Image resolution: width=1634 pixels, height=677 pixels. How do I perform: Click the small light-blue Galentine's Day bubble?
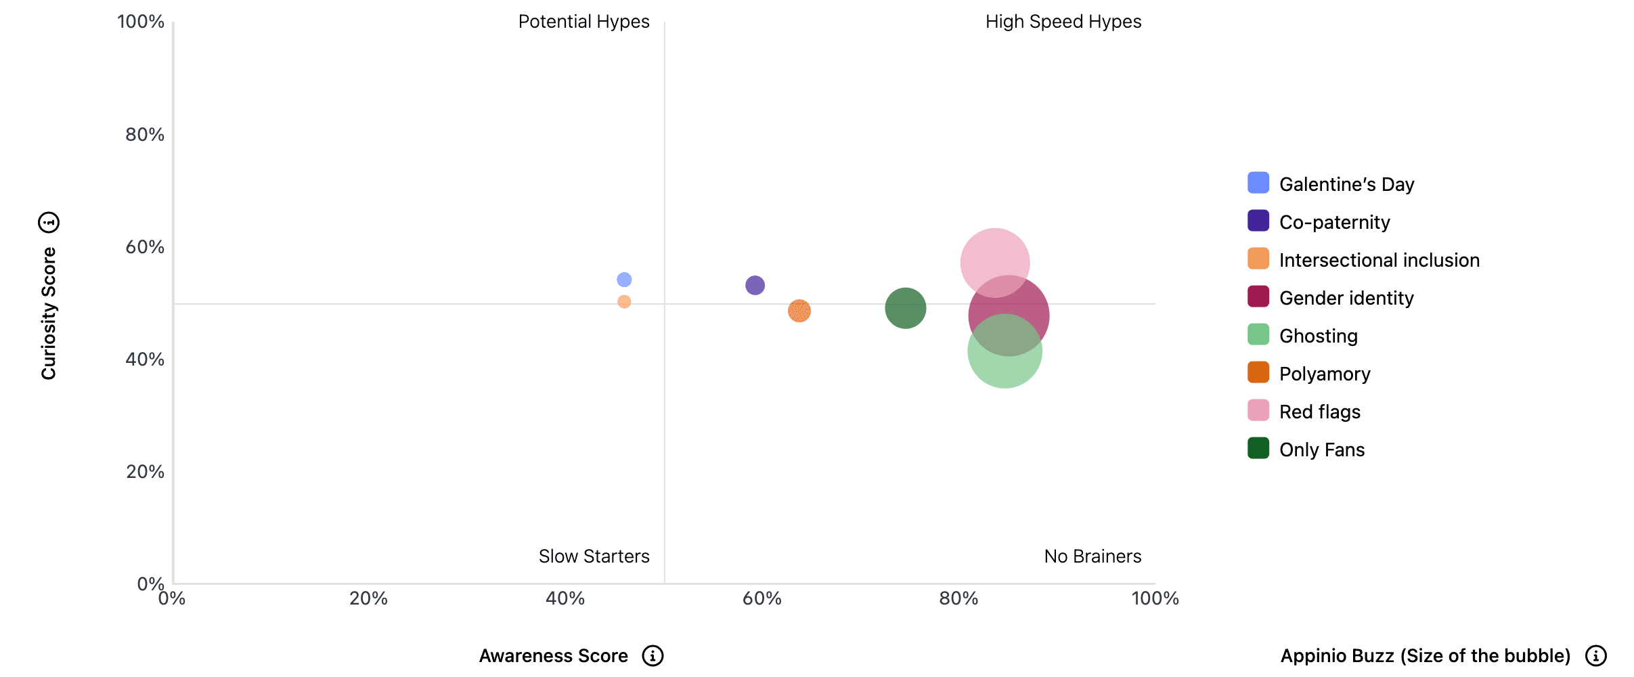pos(624,280)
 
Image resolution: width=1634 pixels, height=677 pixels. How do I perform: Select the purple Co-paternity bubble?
pos(755,285)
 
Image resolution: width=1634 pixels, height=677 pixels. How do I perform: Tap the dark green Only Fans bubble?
pos(905,308)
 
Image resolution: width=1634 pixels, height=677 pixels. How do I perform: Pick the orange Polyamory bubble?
pos(799,311)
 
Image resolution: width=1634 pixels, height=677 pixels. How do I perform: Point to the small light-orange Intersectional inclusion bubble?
pos(624,302)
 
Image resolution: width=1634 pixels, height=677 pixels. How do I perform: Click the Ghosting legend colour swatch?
pos(1258,335)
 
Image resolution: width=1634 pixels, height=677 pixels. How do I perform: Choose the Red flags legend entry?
pos(1319,412)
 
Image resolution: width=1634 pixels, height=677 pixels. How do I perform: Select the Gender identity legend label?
pos(1346,298)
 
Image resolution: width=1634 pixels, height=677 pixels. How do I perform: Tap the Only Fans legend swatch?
pos(1258,449)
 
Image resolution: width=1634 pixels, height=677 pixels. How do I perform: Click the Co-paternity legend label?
pos(1334,222)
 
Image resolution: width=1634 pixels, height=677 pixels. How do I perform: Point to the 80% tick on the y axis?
pos(145,135)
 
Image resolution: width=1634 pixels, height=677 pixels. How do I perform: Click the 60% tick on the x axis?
pos(762,598)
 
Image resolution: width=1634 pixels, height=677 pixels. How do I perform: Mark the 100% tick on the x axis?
pos(1155,598)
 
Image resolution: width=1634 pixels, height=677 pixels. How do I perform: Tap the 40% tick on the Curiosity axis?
pos(145,359)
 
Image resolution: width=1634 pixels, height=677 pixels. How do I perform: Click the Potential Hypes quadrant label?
pos(583,22)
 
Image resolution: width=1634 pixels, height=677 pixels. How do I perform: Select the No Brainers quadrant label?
pos(1092,556)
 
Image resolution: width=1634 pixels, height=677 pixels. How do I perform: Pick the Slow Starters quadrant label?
pos(594,556)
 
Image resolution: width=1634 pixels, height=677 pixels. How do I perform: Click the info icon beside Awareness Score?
pos(653,655)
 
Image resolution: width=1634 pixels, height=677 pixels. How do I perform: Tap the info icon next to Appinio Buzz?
pos(1595,655)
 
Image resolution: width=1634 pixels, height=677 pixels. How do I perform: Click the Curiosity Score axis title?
pos(49,313)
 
